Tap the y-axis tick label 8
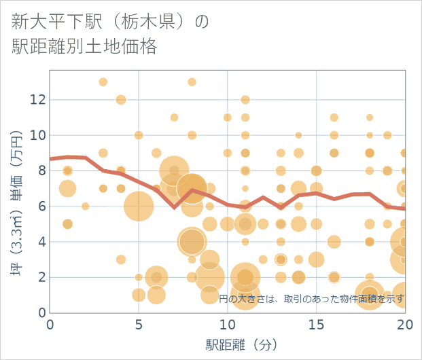point(39,170)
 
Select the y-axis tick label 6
point(39,206)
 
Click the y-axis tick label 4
point(39,242)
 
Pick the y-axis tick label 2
point(39,277)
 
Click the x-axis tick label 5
point(139,324)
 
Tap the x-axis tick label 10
point(227,324)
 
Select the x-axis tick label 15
point(316,324)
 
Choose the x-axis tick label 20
point(404,324)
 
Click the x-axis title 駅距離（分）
point(242,344)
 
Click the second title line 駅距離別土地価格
point(84,47)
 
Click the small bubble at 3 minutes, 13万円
point(103,82)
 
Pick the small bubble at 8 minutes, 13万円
point(192,82)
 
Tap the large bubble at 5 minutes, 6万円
point(139,206)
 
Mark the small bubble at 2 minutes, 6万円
point(86,206)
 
